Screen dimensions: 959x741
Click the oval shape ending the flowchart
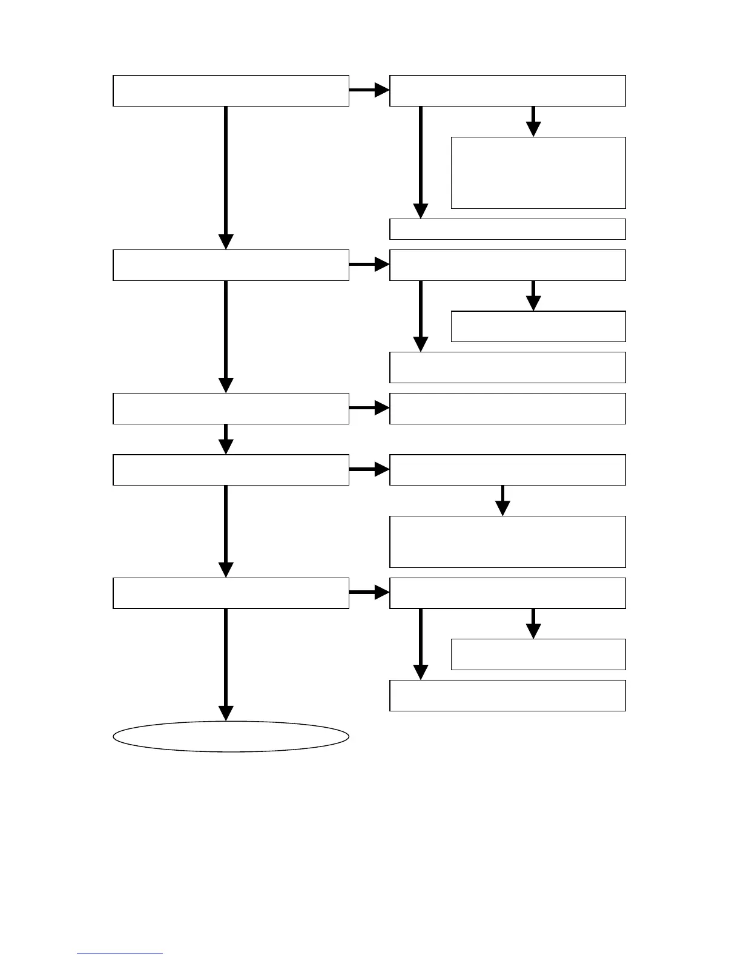point(231,736)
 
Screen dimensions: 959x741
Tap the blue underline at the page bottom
point(119,954)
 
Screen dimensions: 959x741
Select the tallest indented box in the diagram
point(538,173)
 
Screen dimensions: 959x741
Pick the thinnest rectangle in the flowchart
point(507,229)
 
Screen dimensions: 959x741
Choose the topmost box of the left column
point(231,91)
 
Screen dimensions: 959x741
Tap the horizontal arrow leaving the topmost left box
point(369,90)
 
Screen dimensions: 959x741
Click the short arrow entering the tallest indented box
point(533,121)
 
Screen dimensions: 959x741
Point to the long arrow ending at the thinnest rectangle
point(420,162)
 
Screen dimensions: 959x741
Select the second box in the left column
point(231,265)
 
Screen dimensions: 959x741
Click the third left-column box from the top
point(231,408)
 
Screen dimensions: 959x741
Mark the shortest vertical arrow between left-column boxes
point(226,439)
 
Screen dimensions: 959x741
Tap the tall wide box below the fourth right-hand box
point(507,541)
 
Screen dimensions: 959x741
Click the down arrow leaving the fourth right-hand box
point(502,500)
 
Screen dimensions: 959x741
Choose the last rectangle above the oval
point(231,593)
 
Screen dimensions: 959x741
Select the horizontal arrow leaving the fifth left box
point(369,592)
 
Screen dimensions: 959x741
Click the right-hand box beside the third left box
point(507,408)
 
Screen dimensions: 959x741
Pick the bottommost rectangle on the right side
point(507,695)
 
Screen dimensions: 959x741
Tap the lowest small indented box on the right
point(538,654)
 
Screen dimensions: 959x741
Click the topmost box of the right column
point(507,91)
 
